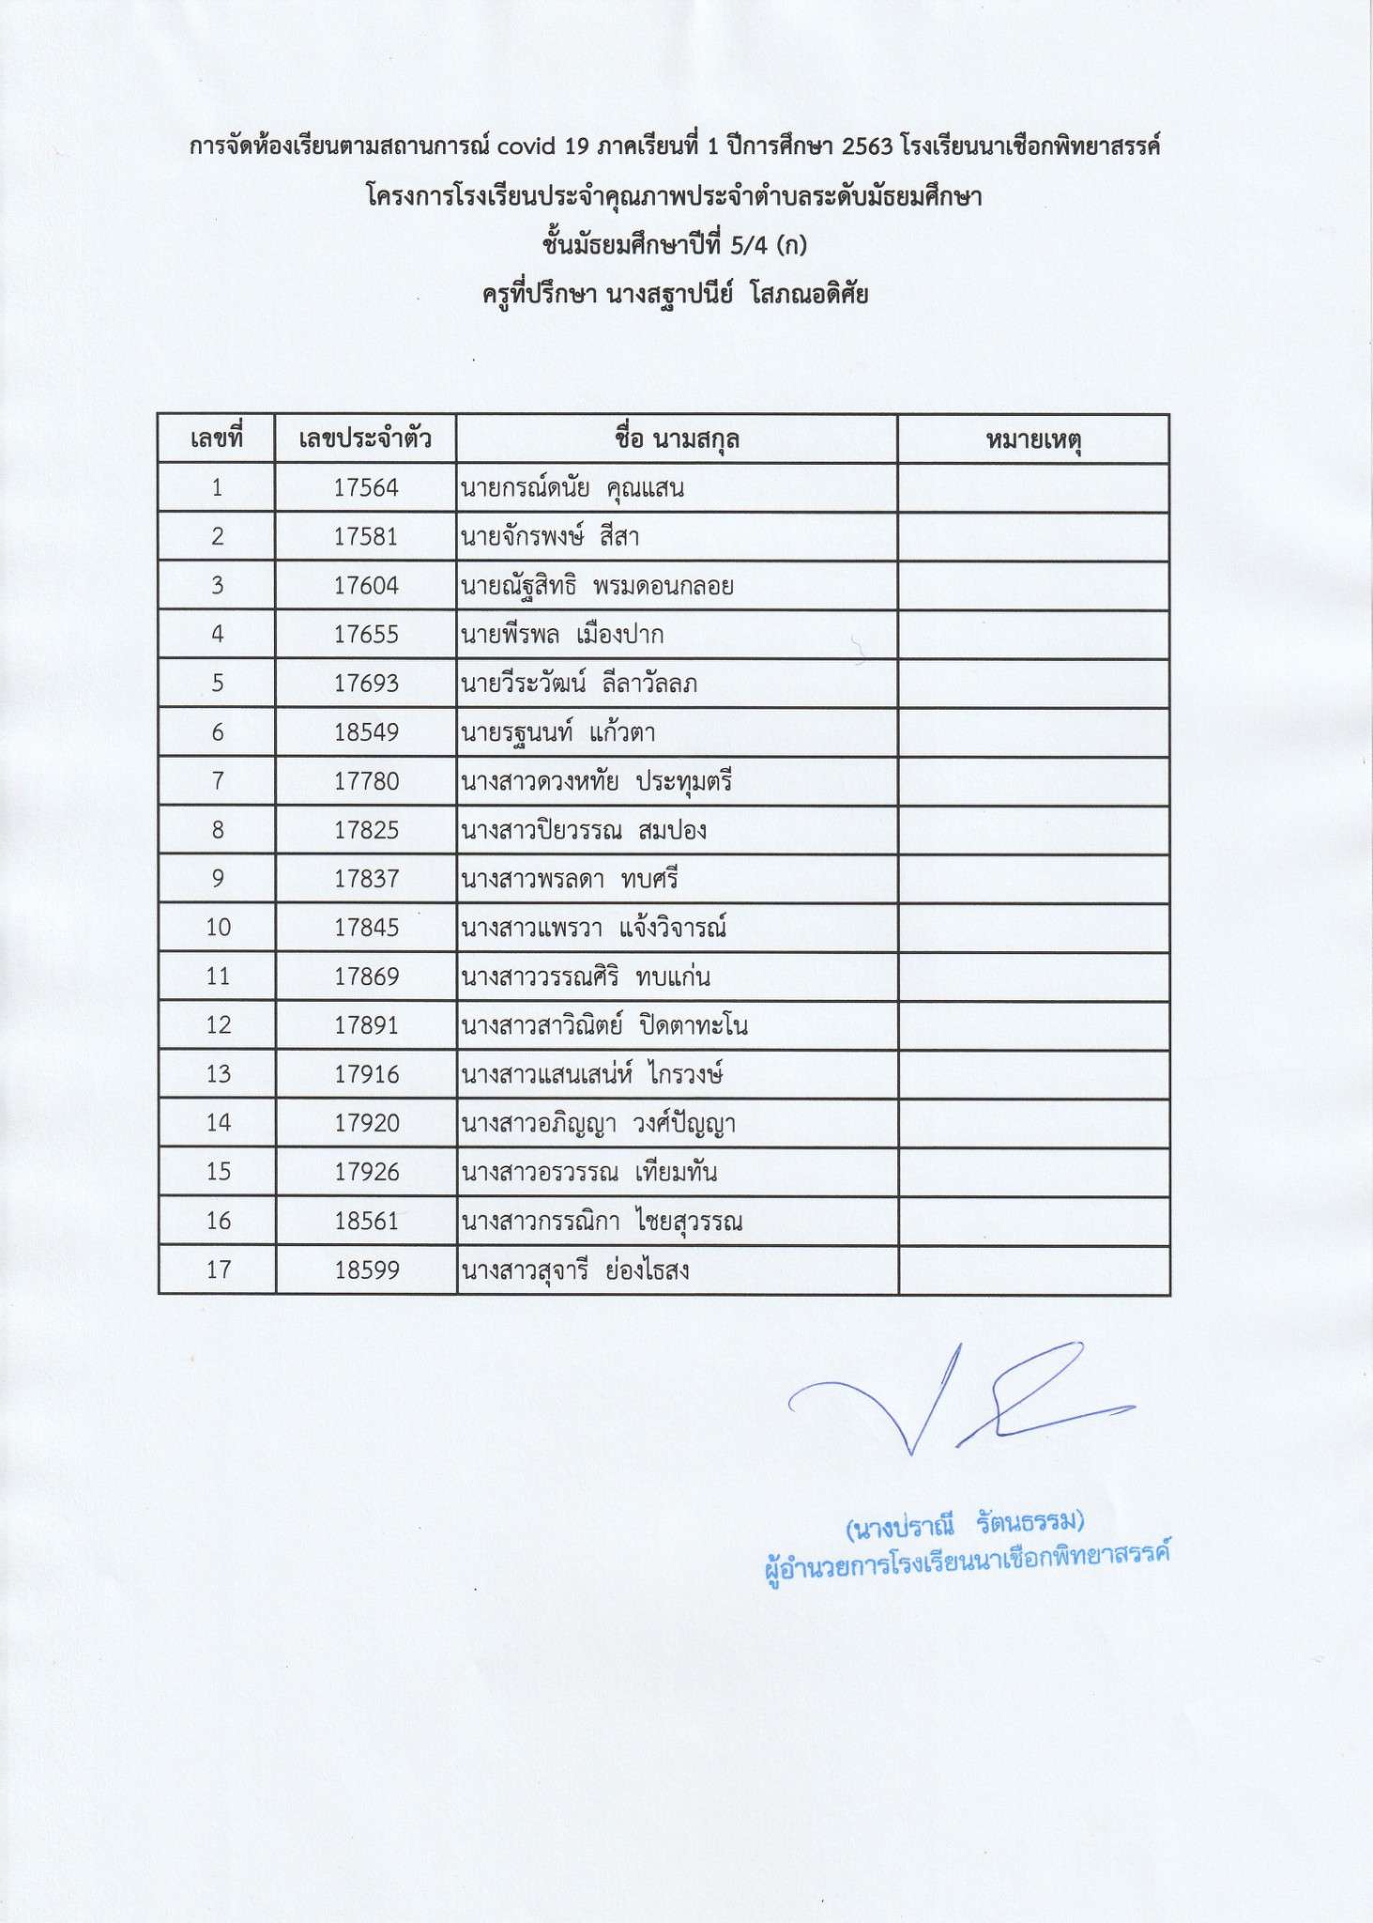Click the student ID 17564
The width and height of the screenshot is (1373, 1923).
tap(366, 488)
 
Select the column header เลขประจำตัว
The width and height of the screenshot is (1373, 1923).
tap(365, 438)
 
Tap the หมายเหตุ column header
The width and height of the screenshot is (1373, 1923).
tap(1033, 439)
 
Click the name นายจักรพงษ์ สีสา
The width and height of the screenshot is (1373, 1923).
tap(550, 537)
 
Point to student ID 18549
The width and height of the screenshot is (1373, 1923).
tap(366, 732)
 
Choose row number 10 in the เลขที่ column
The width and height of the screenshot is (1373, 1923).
tap(218, 928)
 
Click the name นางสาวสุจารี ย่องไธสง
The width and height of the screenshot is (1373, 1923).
tap(574, 1270)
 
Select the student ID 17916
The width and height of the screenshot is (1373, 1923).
tap(366, 1074)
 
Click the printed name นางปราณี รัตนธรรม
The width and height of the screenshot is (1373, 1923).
tap(965, 1529)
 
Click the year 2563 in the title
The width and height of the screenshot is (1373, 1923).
tap(867, 147)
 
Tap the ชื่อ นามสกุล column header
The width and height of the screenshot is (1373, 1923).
tap(677, 438)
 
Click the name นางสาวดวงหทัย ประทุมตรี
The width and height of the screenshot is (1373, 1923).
tap(596, 781)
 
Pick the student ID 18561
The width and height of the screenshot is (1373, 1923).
tap(366, 1221)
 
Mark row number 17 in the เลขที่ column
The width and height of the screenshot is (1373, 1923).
tap(218, 1270)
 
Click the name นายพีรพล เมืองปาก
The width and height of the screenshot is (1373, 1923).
tap(561, 635)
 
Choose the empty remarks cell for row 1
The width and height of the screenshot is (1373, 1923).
tap(1033, 488)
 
